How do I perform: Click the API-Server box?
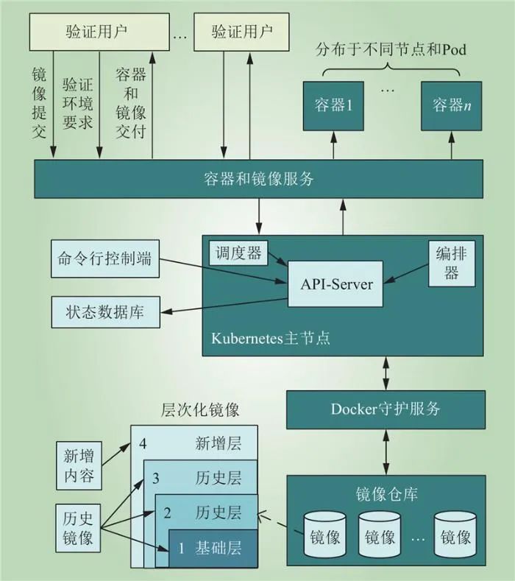(x=336, y=284)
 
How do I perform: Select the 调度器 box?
(x=237, y=253)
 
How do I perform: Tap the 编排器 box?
(x=452, y=264)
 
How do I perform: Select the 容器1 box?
(x=330, y=105)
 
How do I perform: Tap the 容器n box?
(x=451, y=105)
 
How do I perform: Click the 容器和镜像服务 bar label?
(x=258, y=178)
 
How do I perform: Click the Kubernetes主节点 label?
(x=270, y=339)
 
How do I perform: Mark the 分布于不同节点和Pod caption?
(x=391, y=51)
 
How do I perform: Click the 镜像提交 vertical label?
(x=40, y=102)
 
